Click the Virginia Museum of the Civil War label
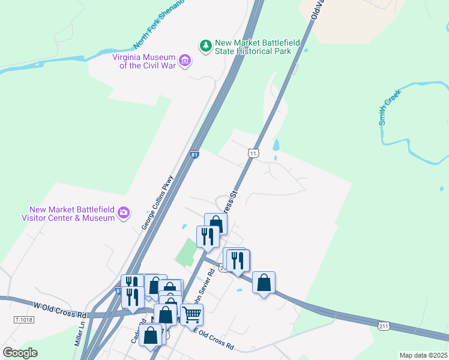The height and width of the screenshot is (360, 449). click(144, 61)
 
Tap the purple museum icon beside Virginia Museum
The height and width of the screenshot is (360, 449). click(185, 61)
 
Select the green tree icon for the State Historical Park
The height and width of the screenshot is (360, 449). click(206, 46)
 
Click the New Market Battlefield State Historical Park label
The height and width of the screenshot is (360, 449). click(253, 47)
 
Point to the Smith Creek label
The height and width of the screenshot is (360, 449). click(390, 104)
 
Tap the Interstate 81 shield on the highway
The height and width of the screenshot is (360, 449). click(194, 154)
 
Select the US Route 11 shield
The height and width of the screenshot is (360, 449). click(253, 154)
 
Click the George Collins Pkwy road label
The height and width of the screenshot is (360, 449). click(157, 202)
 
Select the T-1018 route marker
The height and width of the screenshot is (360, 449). click(25, 321)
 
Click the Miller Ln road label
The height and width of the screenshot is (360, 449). click(79, 334)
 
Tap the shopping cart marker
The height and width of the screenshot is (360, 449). click(191, 314)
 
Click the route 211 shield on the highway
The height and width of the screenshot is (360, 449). click(384, 325)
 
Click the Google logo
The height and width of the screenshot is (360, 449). click(20, 352)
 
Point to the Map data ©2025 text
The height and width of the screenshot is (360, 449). click(423, 355)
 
